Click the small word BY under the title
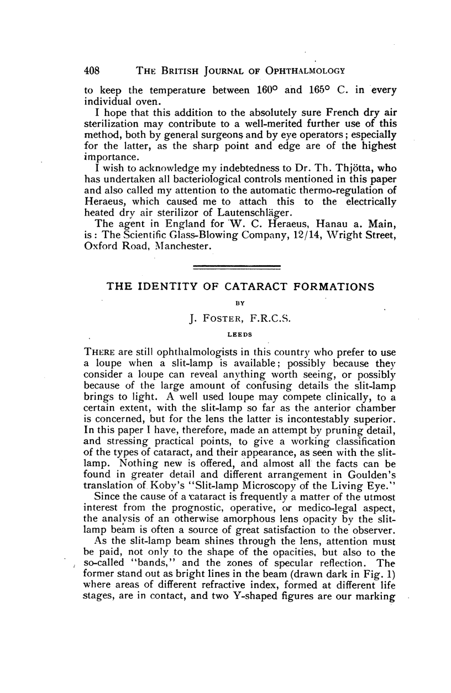pyautogui.click(x=239, y=302)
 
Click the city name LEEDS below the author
pyautogui.click(x=239, y=334)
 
